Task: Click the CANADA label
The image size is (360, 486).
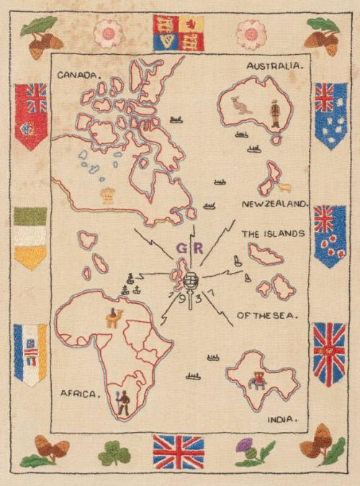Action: (x=80, y=73)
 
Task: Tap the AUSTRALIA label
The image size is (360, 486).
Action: (x=275, y=66)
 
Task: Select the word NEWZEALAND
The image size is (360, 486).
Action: (x=274, y=204)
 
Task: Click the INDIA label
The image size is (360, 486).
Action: (x=282, y=419)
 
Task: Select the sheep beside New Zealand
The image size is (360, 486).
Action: (x=284, y=188)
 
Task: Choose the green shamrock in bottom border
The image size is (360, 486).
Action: (x=114, y=453)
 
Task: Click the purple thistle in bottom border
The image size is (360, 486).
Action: (x=246, y=450)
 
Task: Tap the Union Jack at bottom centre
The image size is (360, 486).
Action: (x=178, y=451)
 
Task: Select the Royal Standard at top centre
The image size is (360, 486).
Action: (x=179, y=32)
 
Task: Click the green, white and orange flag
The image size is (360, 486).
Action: (x=30, y=237)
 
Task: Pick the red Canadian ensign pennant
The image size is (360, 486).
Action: (x=31, y=115)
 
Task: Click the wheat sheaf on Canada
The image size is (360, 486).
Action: (x=108, y=194)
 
